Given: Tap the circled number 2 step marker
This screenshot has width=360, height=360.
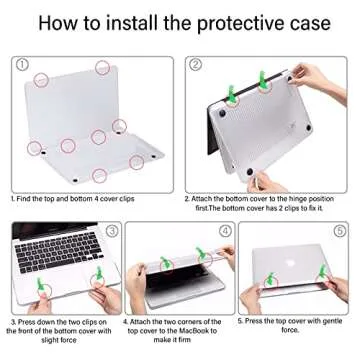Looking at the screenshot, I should tap(196, 64).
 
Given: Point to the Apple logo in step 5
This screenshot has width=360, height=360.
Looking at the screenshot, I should tap(295, 270).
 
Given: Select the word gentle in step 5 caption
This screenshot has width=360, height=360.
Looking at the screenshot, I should tap(324, 323).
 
